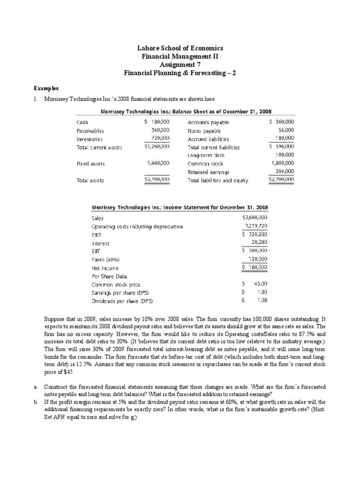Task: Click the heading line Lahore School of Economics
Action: pos(180,48)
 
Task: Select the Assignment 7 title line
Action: pos(180,65)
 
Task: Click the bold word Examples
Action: pos(45,88)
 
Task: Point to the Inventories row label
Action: pos(90,139)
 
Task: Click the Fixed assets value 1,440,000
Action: pos(158,164)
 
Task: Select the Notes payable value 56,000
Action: pos(285,131)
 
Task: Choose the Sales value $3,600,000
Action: pos(255,218)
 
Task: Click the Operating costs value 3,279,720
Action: pos(255,226)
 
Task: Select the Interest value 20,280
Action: pos(259,243)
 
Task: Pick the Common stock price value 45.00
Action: pos(260,284)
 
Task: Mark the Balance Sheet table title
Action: pos(186,111)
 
